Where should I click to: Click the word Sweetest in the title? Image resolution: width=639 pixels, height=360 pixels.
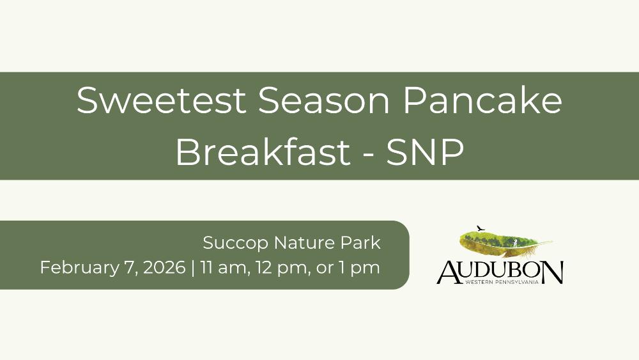click(162, 100)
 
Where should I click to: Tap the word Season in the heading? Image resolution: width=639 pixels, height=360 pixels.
click(324, 100)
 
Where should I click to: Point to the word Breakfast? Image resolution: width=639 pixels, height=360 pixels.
click(263, 152)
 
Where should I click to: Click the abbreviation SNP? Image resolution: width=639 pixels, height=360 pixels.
click(425, 152)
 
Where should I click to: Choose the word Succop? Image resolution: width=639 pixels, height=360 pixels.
click(236, 243)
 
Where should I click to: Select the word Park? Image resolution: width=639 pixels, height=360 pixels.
click(360, 243)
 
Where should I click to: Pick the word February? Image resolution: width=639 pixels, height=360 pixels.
click(77, 268)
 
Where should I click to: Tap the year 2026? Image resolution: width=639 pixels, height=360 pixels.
click(164, 268)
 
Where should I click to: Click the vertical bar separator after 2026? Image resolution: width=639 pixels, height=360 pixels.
click(193, 268)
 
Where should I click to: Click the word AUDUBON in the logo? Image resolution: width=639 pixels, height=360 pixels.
click(500, 272)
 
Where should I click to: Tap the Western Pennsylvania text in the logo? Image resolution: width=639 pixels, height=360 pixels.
click(502, 282)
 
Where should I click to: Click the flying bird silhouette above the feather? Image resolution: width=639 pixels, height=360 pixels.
click(481, 228)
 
